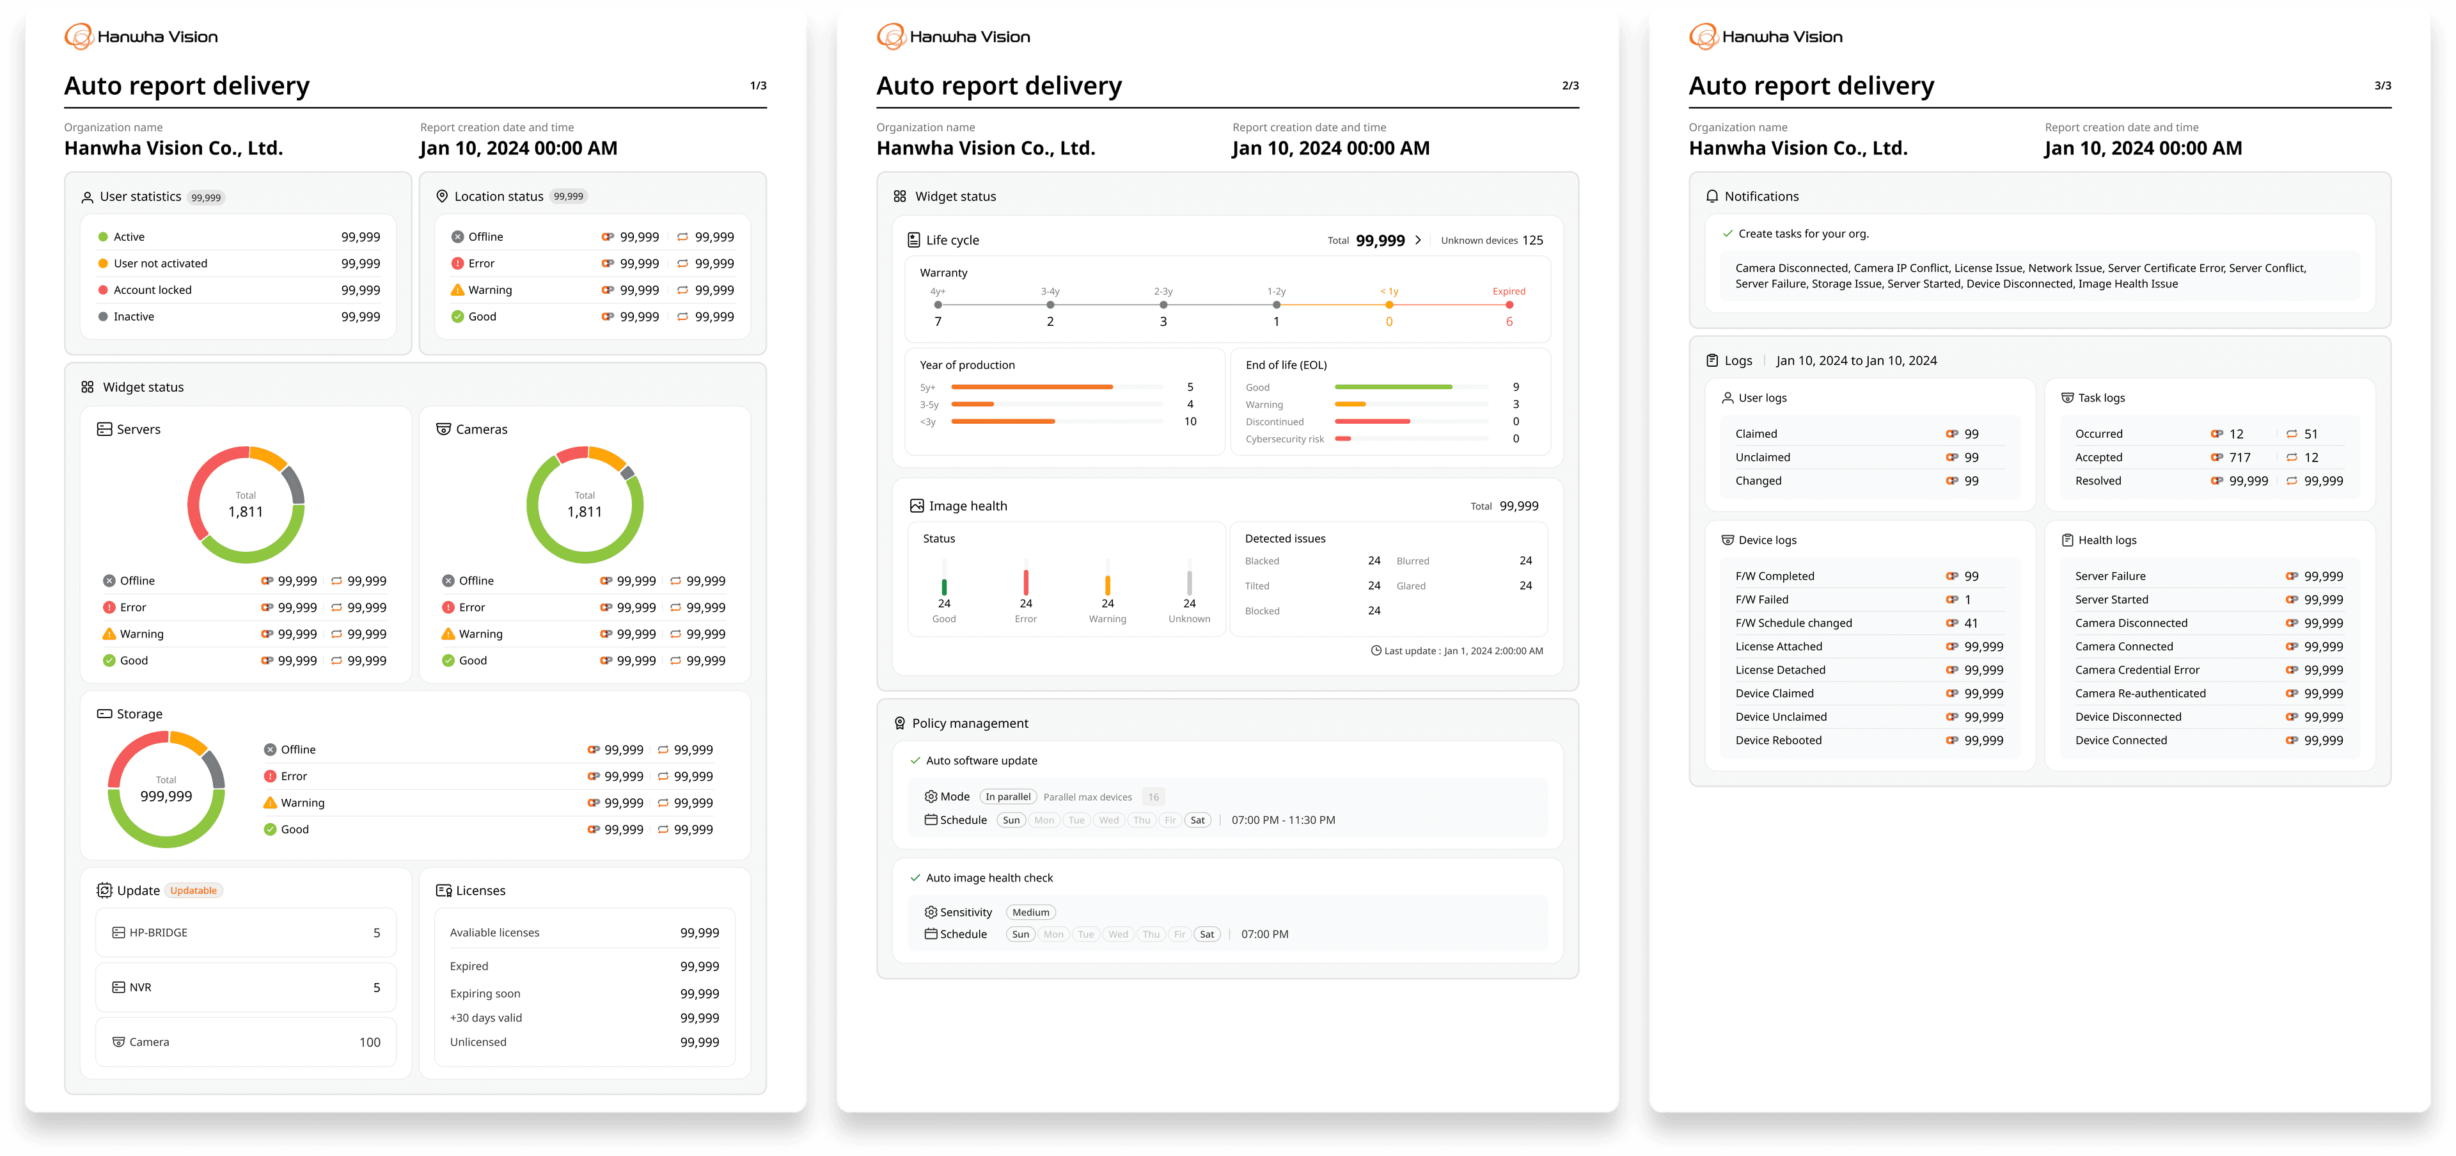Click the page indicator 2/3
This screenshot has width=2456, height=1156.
coord(1570,86)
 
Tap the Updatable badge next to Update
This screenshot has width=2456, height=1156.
coord(194,891)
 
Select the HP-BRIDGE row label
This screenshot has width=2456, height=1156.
coord(158,933)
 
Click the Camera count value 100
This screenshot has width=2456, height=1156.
coord(370,1043)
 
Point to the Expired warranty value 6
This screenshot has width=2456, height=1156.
coord(1509,321)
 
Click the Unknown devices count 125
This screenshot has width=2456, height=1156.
coord(1532,241)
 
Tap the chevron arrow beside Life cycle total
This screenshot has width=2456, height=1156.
coord(1419,241)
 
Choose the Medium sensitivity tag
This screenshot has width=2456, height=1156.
coord(1030,913)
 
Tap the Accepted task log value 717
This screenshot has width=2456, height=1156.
coord(2240,458)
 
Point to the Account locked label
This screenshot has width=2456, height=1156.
coord(153,290)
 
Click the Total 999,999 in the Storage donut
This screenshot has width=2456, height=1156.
coord(166,796)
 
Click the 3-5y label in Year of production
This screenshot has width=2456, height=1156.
coord(929,405)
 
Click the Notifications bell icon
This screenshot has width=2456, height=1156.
coord(1712,197)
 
